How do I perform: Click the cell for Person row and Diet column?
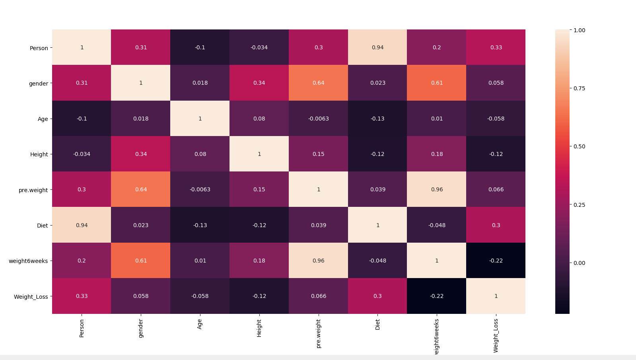click(377, 47)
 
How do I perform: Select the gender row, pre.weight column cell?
click(318, 83)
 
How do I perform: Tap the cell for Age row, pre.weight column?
click(318, 119)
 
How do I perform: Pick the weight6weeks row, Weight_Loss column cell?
click(496, 261)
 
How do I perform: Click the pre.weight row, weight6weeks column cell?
click(437, 189)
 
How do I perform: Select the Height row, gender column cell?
click(141, 154)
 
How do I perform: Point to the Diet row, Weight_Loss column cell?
click(496, 225)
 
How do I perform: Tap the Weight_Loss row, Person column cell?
click(82, 296)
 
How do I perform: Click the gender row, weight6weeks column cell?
click(437, 83)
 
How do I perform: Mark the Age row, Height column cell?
click(259, 119)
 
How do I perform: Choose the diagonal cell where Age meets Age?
click(200, 119)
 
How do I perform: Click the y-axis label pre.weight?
click(33, 190)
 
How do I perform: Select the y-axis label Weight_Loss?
click(31, 297)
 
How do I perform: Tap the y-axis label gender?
click(38, 84)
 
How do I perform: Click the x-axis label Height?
click(259, 329)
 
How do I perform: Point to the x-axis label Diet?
click(377, 325)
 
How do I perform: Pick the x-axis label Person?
click(82, 329)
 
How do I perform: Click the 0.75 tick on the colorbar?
click(579, 88)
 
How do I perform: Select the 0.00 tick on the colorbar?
click(579, 263)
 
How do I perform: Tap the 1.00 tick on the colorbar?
click(579, 30)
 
